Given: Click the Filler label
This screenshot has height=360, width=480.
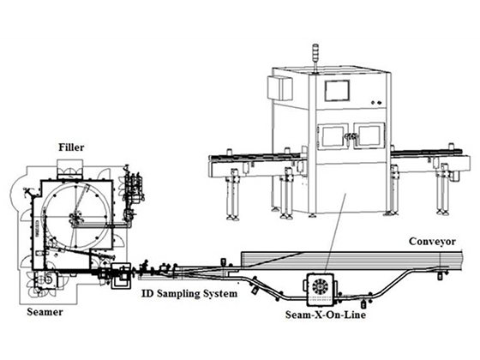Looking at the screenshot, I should (71, 147).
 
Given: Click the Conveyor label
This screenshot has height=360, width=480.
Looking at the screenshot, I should (433, 241).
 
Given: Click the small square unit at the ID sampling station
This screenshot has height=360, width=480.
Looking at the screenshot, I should (122, 274).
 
